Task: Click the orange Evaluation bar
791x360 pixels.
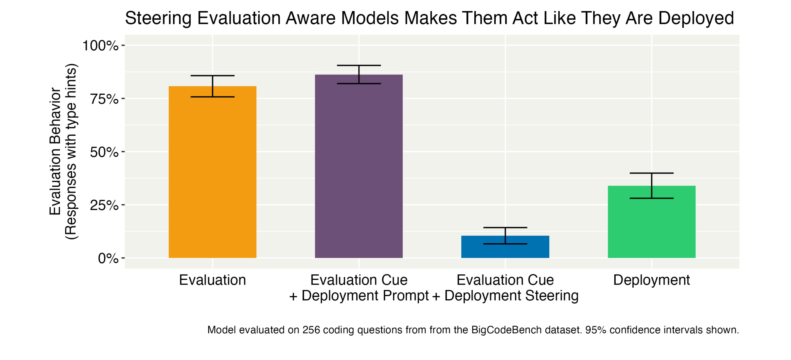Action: pyautogui.click(x=213, y=172)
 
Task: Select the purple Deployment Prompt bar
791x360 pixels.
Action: pyautogui.click(x=359, y=166)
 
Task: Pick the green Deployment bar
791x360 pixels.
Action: pyautogui.click(x=652, y=222)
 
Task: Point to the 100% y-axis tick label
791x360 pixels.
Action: pyautogui.click(x=100, y=46)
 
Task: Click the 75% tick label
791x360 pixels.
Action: pyautogui.click(x=104, y=99)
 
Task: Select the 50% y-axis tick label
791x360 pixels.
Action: pyautogui.click(x=104, y=152)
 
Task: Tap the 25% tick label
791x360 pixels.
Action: pyautogui.click(x=104, y=205)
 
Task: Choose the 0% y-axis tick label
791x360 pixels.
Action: pyautogui.click(x=108, y=258)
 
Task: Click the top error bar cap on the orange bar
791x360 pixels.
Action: pyautogui.click(x=213, y=75)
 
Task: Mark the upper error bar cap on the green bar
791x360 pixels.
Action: pyautogui.click(x=652, y=173)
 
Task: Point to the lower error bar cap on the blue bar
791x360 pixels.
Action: pyautogui.click(x=505, y=244)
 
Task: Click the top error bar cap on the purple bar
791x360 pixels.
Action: pyautogui.click(x=359, y=65)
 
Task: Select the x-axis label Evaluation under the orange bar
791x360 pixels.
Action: pyautogui.click(x=213, y=280)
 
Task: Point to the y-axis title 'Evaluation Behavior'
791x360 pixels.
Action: pyautogui.click(x=55, y=151)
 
